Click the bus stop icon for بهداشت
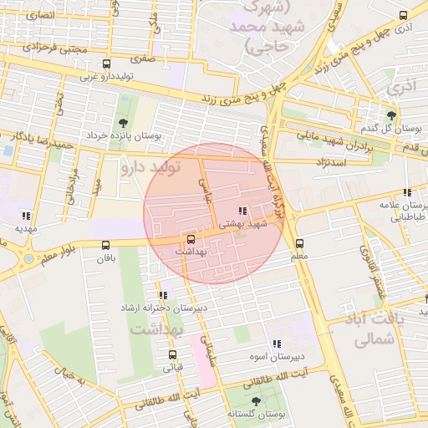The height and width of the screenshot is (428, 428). coord(191,238)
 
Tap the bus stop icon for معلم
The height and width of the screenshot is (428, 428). coord(299,243)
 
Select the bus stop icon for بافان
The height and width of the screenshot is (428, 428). coord(105,245)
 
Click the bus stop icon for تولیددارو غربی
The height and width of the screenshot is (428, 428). coord(105,64)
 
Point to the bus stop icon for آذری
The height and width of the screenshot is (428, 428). coord(404,15)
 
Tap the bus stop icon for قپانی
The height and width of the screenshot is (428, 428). coord(172,354)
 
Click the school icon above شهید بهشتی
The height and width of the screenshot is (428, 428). coord(242,211)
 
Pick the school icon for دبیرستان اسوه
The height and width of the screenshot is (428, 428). coord(276,344)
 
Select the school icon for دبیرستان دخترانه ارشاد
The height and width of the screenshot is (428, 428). coord(163,295)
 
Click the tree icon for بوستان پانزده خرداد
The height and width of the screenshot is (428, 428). coord(125,122)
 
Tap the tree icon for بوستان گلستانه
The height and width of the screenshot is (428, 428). coord(256,401)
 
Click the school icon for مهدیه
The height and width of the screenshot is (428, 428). coord(26,215)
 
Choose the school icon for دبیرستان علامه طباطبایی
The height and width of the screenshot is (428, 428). coord(407,192)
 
